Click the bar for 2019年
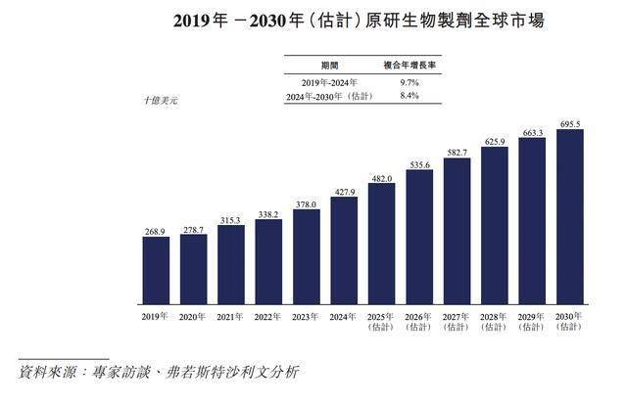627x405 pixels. tap(156, 270)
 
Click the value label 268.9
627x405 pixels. tap(155, 231)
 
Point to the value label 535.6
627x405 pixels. tap(419, 166)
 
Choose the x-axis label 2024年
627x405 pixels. tap(344, 316)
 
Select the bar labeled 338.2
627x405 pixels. tap(268, 261)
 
